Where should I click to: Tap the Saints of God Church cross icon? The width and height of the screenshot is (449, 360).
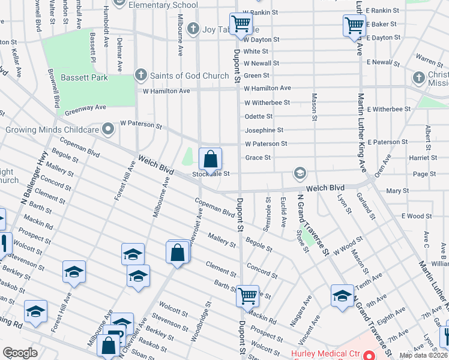pos(140,76)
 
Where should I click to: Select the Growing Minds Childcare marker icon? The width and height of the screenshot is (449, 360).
pos(108,129)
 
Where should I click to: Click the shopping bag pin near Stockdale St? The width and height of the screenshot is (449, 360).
pos(211,160)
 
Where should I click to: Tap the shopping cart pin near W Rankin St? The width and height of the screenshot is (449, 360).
pos(241,25)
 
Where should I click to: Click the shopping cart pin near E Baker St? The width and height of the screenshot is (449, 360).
pos(355,26)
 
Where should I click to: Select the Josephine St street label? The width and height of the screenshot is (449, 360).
pos(264,130)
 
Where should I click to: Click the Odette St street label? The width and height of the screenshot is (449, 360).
pos(259,116)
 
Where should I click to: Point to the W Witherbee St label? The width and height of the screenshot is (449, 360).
pos(267,103)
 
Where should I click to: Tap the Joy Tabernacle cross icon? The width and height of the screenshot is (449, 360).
pos(193,28)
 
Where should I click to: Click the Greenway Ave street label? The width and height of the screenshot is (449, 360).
pos(85,107)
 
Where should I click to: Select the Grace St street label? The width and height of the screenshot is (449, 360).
pos(258,158)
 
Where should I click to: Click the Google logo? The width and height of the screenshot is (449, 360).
pos(20,352)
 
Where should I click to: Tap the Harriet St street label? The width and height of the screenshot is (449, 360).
pos(424,158)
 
